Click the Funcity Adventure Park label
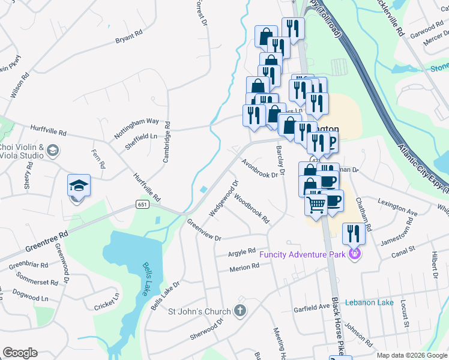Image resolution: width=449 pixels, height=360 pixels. coord(303,255)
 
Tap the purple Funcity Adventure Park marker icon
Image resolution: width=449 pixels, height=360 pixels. coord(354,254)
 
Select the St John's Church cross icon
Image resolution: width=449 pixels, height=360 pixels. coord(240,311)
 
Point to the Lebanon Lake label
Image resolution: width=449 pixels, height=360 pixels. coord(369,302)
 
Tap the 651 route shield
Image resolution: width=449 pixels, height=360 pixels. coord(142,205)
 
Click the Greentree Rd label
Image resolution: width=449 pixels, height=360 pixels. coord(46,241)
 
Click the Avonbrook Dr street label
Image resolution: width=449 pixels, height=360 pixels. coord(262,168)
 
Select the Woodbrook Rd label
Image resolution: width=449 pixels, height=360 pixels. coord(252,206)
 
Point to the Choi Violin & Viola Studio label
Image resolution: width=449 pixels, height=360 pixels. coord(22,151)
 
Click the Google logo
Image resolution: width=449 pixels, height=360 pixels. coord(20,353)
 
